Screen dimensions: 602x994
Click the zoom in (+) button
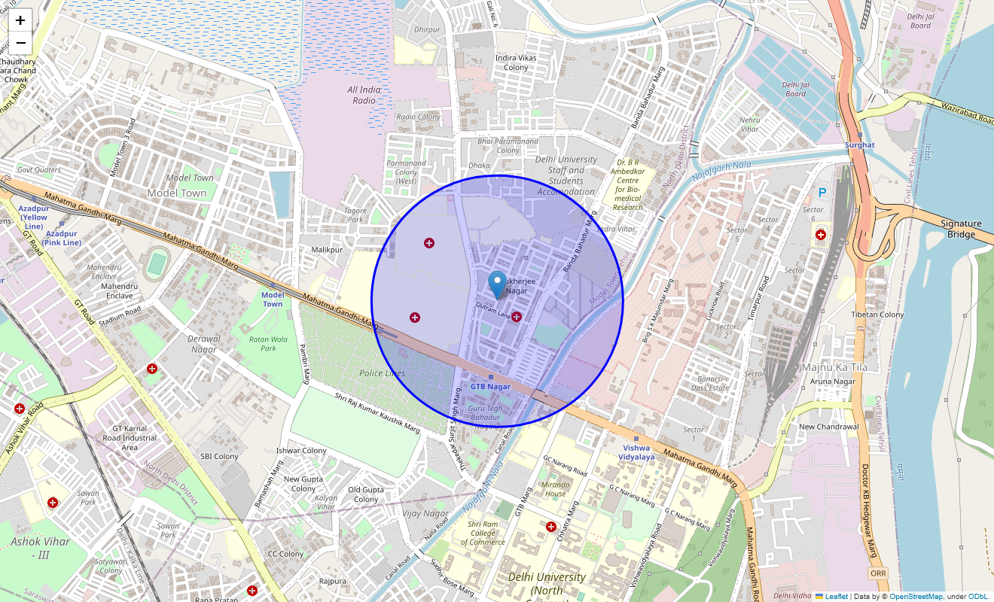click(x=20, y=20)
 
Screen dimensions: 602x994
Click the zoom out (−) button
click(x=20, y=43)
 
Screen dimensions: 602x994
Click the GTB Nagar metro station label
click(x=490, y=386)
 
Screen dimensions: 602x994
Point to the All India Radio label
click(x=364, y=95)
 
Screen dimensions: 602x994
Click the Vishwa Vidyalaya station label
click(x=636, y=451)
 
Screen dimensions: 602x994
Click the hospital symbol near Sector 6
click(x=821, y=235)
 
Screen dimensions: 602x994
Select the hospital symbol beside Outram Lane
click(x=517, y=317)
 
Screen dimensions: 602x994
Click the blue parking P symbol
click(x=822, y=193)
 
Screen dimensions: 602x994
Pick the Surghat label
click(x=859, y=144)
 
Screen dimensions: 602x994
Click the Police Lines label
click(x=382, y=373)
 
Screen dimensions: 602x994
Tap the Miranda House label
click(x=555, y=489)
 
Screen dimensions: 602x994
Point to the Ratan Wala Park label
click(x=268, y=344)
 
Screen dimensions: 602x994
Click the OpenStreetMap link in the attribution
click(x=916, y=597)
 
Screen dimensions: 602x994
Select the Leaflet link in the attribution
click(x=836, y=597)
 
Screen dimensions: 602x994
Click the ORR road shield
click(x=878, y=573)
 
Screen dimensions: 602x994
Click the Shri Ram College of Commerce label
click(x=483, y=533)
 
